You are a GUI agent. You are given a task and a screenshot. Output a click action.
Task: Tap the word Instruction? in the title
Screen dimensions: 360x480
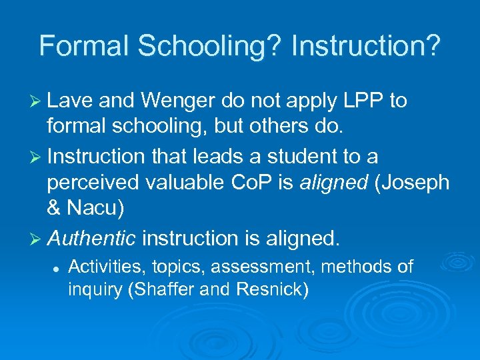point(366,45)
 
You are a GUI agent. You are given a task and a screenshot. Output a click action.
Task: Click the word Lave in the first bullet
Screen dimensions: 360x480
point(71,101)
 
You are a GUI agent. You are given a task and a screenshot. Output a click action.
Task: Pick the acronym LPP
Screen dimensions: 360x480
point(361,101)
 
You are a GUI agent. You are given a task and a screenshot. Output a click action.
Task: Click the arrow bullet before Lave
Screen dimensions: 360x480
point(37,101)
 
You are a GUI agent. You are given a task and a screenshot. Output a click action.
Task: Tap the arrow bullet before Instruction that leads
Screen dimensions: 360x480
point(37,157)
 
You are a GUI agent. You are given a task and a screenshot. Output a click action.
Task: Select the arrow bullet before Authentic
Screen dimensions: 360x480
point(37,238)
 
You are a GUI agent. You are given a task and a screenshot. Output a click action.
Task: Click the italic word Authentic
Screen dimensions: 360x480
point(92,238)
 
